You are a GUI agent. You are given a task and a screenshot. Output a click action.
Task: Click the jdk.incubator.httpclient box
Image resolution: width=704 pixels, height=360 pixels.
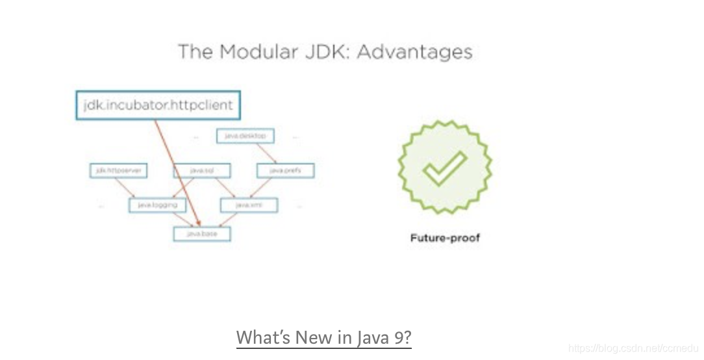click(158, 105)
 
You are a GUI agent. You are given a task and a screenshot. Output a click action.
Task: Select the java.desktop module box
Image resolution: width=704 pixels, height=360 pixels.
click(245, 136)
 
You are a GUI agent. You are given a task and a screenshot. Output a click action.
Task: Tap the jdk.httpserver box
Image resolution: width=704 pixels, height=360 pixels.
click(118, 171)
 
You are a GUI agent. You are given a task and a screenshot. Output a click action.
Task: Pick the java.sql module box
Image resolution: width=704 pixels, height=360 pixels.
click(203, 171)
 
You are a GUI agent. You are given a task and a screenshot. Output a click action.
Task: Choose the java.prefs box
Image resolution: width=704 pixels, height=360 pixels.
click(286, 171)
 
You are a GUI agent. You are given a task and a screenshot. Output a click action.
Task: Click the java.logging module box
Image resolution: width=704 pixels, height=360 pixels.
click(158, 205)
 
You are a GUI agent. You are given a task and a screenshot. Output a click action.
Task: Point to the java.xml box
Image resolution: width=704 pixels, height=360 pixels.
click(249, 205)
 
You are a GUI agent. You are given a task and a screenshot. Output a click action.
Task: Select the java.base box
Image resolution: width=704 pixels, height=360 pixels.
click(202, 233)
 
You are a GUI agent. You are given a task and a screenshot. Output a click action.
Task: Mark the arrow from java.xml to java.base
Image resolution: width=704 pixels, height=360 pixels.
click(231, 219)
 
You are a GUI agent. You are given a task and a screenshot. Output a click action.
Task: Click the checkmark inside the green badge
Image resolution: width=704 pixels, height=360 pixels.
click(445, 168)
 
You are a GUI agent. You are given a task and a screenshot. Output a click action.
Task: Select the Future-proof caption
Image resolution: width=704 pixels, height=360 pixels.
click(445, 238)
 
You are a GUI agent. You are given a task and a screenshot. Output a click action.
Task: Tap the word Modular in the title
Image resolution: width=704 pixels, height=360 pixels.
click(255, 51)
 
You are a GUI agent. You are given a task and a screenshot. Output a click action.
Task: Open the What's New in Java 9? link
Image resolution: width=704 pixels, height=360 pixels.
click(323, 338)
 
